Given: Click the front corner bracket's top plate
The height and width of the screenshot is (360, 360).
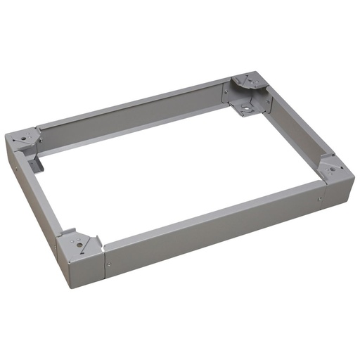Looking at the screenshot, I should pyautogui.click(x=79, y=240).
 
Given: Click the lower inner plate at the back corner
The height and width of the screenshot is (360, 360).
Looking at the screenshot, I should pyautogui.click(x=245, y=108).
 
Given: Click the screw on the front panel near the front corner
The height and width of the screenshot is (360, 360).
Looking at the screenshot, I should pyautogui.click(x=108, y=265).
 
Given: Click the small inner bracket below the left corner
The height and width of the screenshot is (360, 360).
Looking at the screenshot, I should pyautogui.click(x=36, y=163).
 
